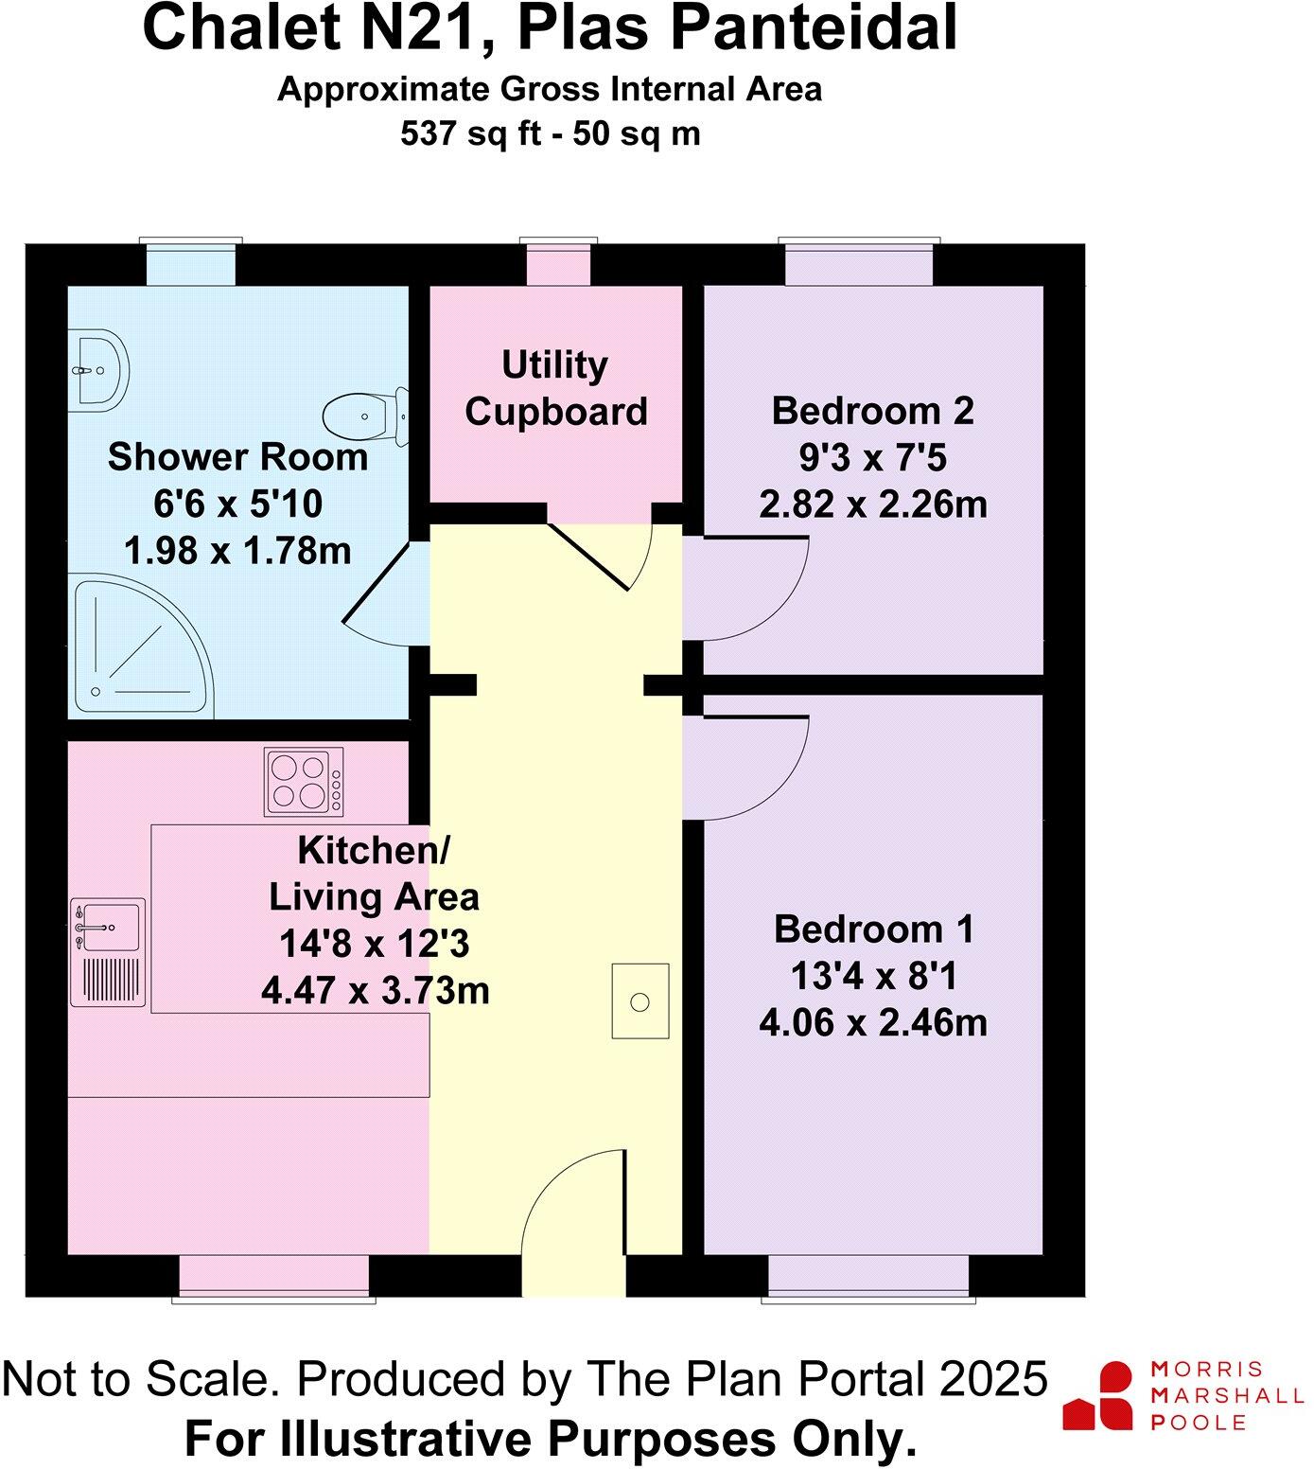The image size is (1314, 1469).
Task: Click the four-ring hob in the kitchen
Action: [304, 782]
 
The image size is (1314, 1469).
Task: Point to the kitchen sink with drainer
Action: [109, 951]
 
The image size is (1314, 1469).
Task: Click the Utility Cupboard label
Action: [555, 388]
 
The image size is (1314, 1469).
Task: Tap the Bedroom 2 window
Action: [859, 263]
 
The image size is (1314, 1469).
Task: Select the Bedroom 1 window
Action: [868, 1276]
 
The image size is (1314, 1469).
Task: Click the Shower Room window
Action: [191, 263]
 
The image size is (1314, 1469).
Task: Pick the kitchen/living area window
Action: [273, 1276]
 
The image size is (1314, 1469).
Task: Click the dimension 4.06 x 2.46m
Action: [872, 1022]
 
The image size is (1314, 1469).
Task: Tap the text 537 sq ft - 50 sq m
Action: [550, 133]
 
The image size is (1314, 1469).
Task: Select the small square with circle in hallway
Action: [639, 1001]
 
